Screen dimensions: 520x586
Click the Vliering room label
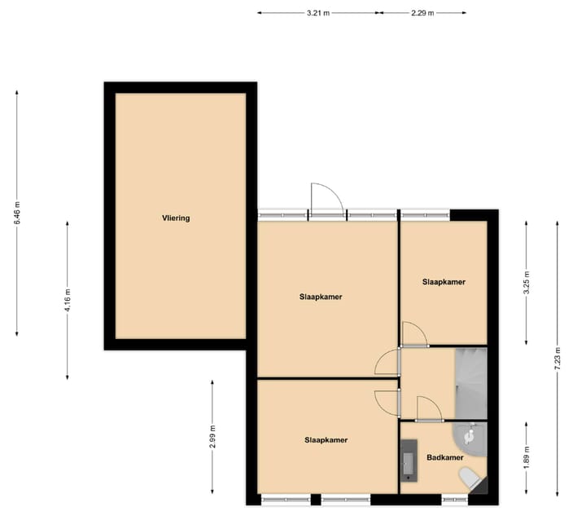click(175, 218)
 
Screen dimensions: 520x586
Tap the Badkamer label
click(444, 457)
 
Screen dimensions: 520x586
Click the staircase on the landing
click(470, 383)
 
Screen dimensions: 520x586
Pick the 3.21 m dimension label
click(319, 13)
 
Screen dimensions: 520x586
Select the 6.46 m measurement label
click(17, 214)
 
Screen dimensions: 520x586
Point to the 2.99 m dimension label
click(212, 437)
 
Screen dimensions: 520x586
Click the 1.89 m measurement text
click(527, 458)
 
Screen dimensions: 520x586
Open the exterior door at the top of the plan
click(326, 200)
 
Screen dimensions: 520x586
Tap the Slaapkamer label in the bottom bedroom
click(326, 440)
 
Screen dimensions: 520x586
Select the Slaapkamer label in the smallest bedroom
click(444, 282)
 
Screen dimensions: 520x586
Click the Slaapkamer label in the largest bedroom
click(321, 297)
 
